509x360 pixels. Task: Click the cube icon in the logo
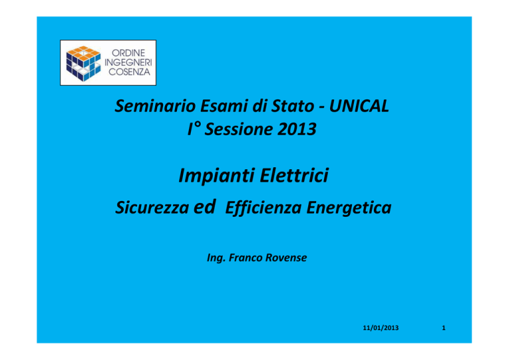pos(83,63)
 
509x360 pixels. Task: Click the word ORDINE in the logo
pos(128,53)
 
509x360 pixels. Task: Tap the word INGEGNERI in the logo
pos(128,62)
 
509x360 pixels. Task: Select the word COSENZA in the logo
pos(129,72)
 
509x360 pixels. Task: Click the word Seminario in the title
pos(155,106)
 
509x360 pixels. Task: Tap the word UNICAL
pos(359,106)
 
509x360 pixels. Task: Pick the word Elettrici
pos(294,176)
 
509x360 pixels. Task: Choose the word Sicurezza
pos(152,208)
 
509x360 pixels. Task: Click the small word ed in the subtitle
pos(204,207)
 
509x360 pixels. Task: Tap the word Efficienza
pos(263,208)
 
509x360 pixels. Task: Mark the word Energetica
pos(349,208)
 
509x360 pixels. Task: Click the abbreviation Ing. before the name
pos(216,258)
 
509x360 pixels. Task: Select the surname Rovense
pos(286,257)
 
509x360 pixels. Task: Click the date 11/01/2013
pos(381,328)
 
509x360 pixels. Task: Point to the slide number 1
pos(444,328)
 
